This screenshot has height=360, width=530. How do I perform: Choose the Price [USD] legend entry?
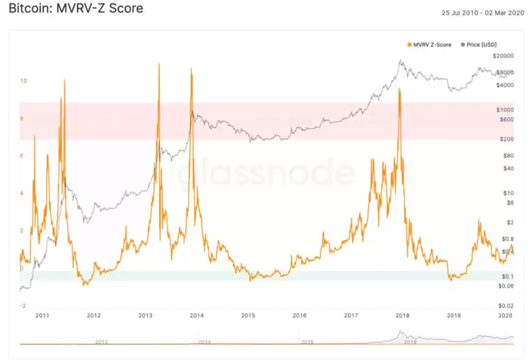[477, 45]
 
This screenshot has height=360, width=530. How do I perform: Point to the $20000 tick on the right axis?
[503, 56]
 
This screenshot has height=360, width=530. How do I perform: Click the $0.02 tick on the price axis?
[505, 306]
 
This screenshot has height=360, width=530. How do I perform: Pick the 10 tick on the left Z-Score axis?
[23, 81]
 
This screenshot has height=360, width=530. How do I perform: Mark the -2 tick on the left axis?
[22, 306]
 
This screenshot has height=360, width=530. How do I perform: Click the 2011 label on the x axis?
[43, 316]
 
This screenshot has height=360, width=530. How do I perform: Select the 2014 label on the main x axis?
[197, 316]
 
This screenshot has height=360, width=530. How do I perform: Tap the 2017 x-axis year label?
[351, 316]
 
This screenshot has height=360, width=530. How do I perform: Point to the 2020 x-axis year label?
[506, 316]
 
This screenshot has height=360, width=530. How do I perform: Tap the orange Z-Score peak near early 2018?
[399, 89]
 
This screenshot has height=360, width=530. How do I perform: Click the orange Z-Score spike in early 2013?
[159, 65]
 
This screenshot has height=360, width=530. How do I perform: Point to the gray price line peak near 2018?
[401, 61]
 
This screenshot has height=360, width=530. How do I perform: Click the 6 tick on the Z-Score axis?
[23, 156]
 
